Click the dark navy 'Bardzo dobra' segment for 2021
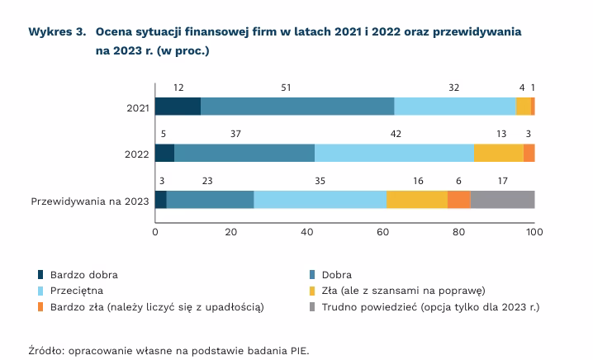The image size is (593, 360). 178,106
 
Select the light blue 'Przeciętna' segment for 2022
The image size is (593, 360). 394,153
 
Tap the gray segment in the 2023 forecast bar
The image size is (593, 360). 502,200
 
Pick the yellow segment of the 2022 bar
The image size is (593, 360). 498,153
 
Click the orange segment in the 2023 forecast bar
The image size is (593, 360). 458,200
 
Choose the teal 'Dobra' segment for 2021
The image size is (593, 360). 297,106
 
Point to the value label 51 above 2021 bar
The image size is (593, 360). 286,87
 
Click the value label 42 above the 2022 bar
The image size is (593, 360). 396,134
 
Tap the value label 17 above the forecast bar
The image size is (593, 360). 504,181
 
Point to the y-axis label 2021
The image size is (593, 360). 138,107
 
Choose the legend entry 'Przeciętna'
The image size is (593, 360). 82,290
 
